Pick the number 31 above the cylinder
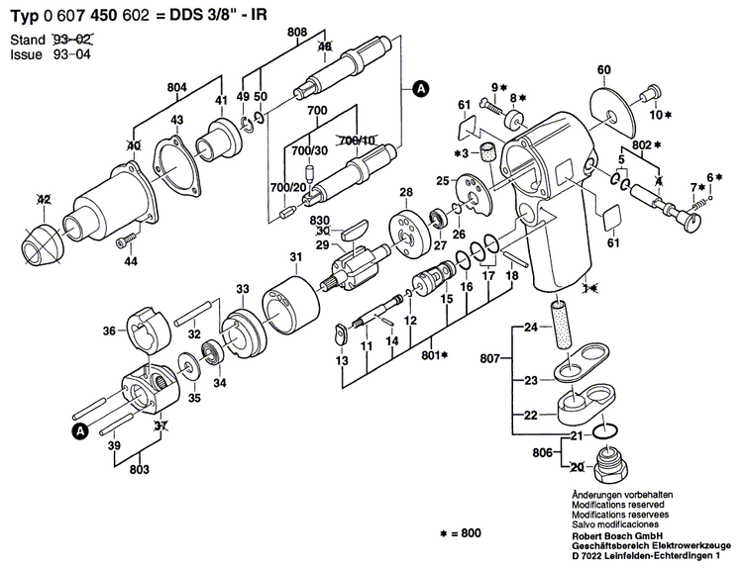(296, 258)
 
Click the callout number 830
(319, 219)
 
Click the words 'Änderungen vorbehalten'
(617, 493)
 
